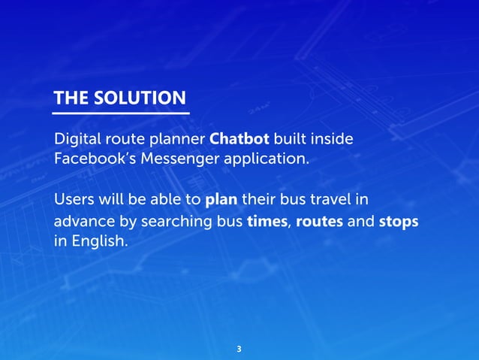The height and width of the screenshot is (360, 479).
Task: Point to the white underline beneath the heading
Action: click(x=120, y=113)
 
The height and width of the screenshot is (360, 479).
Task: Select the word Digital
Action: click(x=77, y=140)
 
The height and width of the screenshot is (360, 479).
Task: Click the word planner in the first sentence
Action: click(x=179, y=140)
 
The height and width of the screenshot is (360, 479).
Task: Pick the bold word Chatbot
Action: click(x=239, y=140)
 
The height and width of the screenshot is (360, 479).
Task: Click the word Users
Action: click(x=74, y=200)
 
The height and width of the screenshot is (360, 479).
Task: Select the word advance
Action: click(x=82, y=223)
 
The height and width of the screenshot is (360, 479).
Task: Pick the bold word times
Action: click(x=267, y=223)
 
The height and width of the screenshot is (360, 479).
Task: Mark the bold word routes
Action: click(x=320, y=223)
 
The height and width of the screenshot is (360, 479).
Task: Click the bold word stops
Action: click(x=399, y=223)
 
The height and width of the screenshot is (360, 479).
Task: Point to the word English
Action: click(x=98, y=243)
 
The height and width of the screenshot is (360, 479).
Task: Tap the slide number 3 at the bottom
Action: click(x=239, y=349)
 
